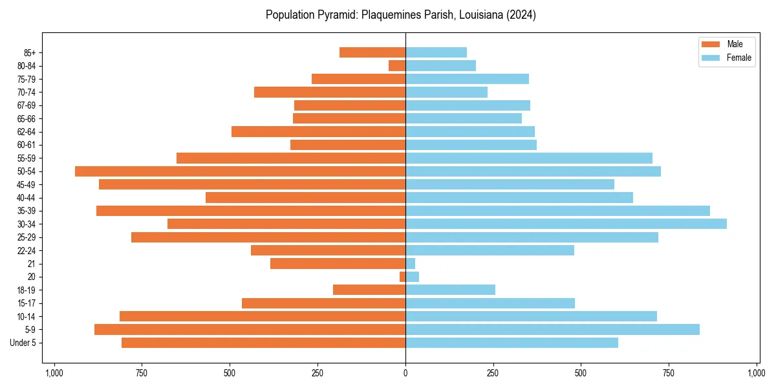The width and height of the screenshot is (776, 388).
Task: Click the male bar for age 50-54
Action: [x=240, y=171]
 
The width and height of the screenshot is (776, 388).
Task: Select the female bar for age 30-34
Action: [x=566, y=224]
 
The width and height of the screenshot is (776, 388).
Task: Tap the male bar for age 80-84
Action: [x=397, y=65]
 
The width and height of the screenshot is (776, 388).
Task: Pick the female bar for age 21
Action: [x=410, y=263]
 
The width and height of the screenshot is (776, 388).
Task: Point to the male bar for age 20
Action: [x=402, y=277]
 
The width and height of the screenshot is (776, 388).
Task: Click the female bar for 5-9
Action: [x=552, y=329]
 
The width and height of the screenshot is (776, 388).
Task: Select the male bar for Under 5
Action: [x=263, y=343]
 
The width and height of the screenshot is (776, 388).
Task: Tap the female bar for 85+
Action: [x=436, y=52]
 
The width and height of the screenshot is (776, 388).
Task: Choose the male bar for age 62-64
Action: [x=318, y=131]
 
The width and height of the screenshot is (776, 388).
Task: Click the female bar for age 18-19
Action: [x=450, y=290]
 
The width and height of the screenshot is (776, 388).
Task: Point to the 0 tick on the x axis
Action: [x=405, y=373]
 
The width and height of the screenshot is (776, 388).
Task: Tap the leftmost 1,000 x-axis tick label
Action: [x=54, y=373]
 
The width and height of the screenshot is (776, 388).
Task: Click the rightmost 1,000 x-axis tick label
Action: [x=757, y=373]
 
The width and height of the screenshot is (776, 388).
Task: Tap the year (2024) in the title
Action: [x=522, y=15]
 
